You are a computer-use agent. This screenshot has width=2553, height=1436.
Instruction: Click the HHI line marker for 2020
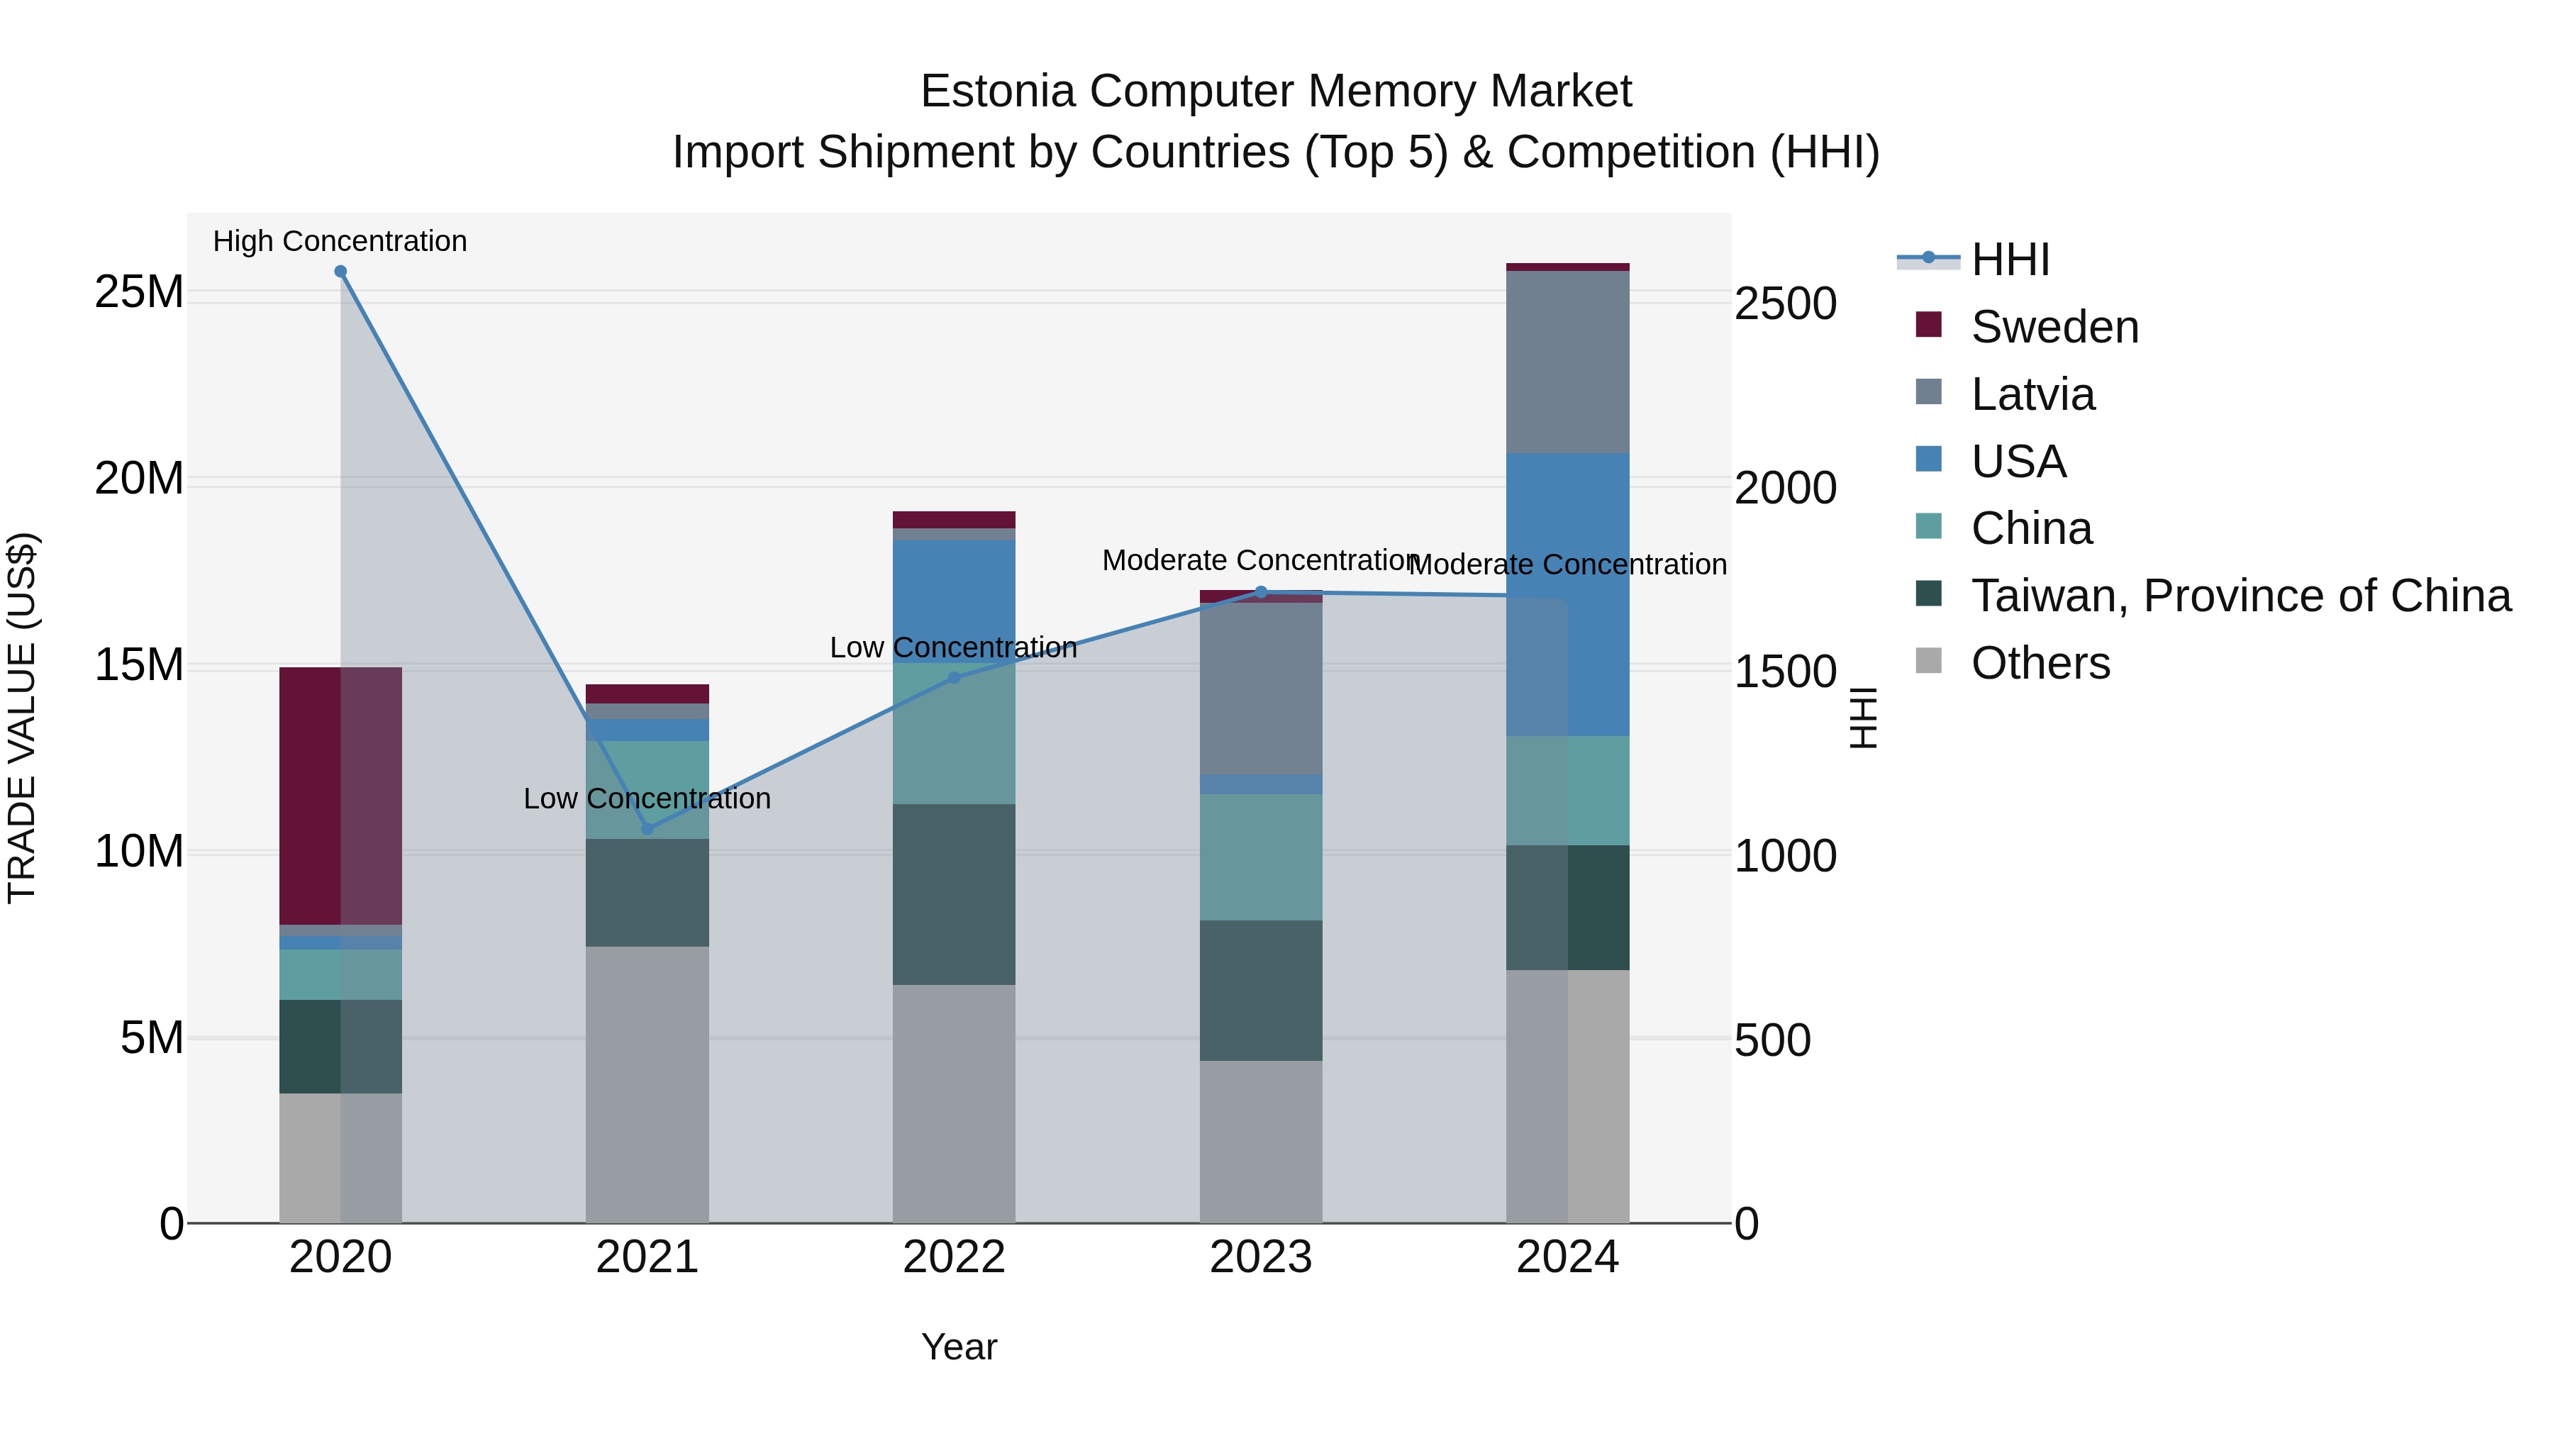(340, 272)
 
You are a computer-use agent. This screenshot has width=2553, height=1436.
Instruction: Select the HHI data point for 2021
(647, 828)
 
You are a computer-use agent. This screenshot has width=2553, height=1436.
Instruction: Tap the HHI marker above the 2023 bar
(1261, 593)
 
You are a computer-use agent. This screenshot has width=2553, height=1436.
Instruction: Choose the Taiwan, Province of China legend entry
(2240, 596)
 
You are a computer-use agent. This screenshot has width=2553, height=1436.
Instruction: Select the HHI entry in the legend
(2009, 260)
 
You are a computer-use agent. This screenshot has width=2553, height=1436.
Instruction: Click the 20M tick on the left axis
(139, 479)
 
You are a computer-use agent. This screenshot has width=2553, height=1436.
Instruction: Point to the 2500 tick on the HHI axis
(1785, 304)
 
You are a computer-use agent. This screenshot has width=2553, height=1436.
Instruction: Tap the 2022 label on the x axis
(953, 1257)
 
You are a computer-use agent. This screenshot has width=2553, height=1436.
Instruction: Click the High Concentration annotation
(340, 241)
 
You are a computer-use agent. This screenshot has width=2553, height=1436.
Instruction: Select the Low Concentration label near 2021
(647, 798)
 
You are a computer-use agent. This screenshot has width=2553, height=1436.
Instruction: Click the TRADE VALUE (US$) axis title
(22, 718)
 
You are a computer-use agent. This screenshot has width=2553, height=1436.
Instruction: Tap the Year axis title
(958, 1347)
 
